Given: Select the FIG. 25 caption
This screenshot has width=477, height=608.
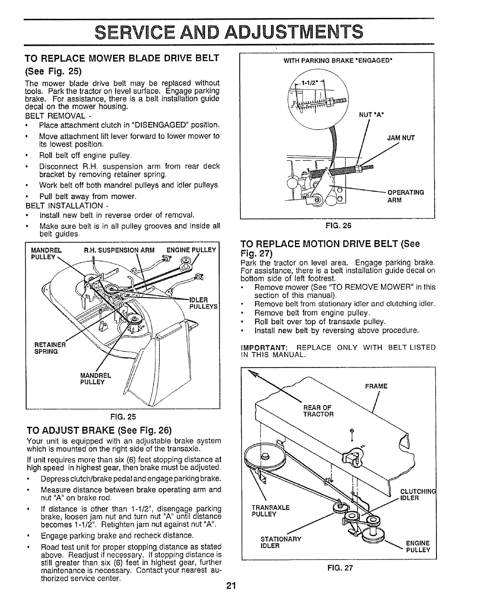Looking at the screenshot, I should click(124, 417).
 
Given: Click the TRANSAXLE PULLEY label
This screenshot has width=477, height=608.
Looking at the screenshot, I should click(270, 511).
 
